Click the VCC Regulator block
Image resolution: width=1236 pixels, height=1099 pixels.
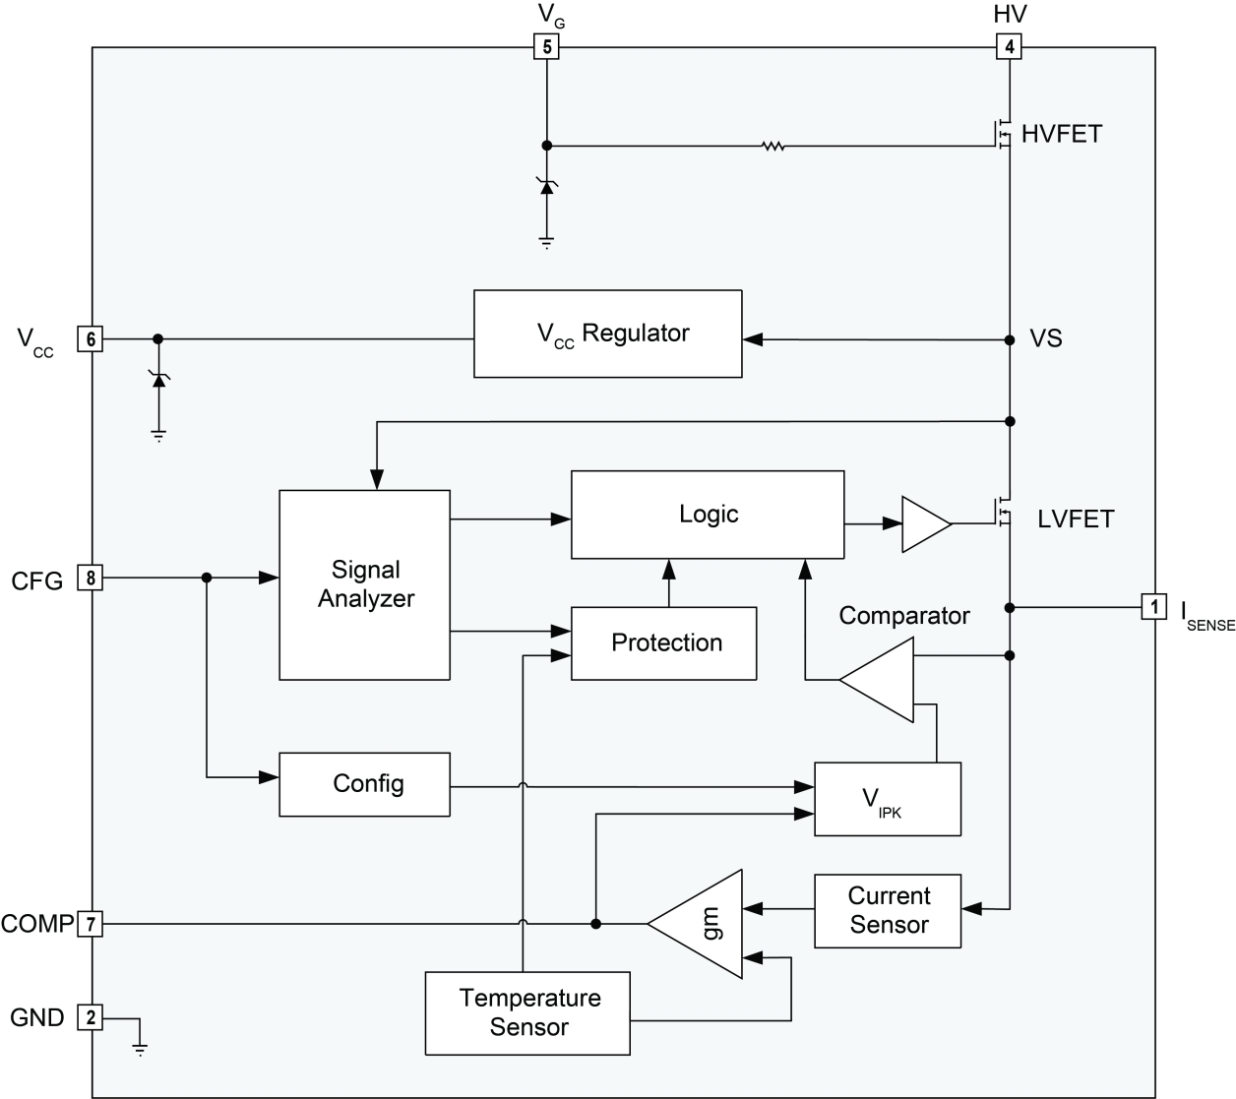pyautogui.click(x=607, y=334)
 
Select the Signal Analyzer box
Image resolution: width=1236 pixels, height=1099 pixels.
pyautogui.click(x=365, y=584)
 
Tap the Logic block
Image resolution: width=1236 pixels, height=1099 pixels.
pyautogui.click(x=707, y=515)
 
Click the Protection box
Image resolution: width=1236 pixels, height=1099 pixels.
pyautogui.click(x=664, y=643)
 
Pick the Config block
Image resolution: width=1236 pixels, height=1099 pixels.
pyautogui.click(x=365, y=784)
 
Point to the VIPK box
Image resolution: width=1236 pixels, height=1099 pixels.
pyautogui.click(x=887, y=799)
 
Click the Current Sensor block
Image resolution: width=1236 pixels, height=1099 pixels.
pyautogui.click(x=888, y=911)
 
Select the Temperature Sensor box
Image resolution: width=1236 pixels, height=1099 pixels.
pyautogui.click(x=527, y=1013)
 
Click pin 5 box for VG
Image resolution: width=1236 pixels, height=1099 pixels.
pyautogui.click(x=546, y=46)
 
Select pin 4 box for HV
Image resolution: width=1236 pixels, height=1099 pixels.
pyautogui.click(x=1009, y=46)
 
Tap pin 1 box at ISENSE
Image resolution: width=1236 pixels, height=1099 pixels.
pyautogui.click(x=1153, y=607)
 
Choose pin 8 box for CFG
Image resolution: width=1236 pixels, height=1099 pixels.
pyautogui.click(x=90, y=579)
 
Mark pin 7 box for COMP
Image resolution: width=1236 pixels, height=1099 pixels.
pyautogui.click(x=90, y=924)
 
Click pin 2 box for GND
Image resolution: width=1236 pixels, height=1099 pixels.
pyautogui.click(x=90, y=1017)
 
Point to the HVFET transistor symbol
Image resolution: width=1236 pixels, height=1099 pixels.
pyautogui.click(x=1004, y=132)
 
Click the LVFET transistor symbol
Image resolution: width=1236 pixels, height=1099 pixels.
pyautogui.click(x=1004, y=512)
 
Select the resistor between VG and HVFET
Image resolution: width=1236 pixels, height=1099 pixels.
pyautogui.click(x=773, y=147)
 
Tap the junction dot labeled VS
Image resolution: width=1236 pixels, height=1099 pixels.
pyautogui.click(x=1009, y=339)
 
